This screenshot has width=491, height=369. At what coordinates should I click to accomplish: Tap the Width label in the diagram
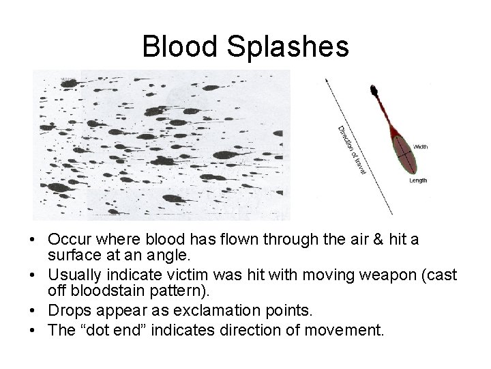tap(420, 147)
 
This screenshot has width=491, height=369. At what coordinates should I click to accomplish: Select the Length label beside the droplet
tap(418, 180)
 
